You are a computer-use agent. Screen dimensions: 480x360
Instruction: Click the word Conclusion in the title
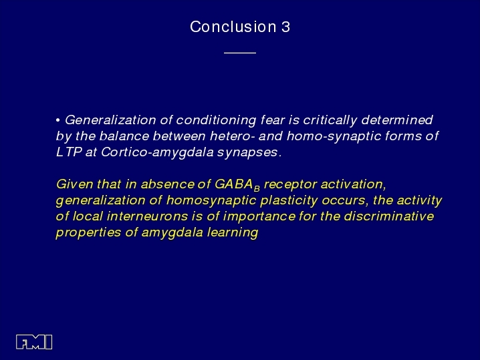point(233,27)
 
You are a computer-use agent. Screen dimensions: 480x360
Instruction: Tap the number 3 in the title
point(285,27)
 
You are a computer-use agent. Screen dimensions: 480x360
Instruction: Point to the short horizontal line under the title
point(240,53)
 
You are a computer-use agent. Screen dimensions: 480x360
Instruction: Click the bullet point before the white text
point(58,120)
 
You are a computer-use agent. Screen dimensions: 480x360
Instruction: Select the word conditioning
point(216,120)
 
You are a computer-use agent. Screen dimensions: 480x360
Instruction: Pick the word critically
point(330,120)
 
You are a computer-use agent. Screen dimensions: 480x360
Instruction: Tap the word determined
point(397,120)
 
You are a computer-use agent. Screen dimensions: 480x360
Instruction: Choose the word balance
point(124,136)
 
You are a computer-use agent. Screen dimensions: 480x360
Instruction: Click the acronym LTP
point(69,152)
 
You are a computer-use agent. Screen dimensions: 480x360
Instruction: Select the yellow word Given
point(74,184)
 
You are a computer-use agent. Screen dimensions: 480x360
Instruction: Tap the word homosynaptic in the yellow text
point(211,200)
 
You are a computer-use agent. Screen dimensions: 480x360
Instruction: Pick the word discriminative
point(389,216)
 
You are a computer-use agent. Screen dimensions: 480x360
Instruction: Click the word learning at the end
point(233,232)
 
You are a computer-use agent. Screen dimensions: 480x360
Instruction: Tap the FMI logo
point(34,342)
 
